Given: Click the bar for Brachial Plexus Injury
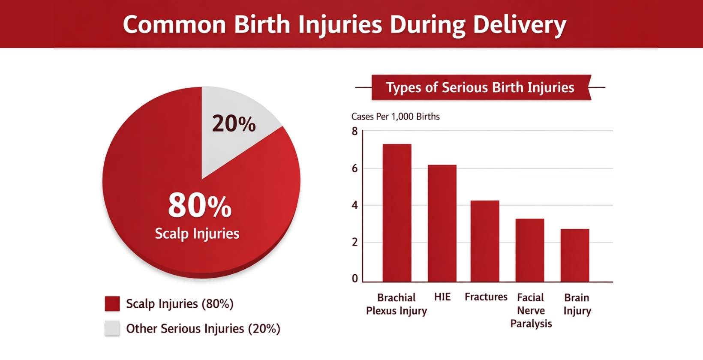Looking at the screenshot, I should (x=397, y=213).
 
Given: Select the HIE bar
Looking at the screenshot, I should (x=442, y=223).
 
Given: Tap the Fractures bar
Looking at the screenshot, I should (x=485, y=241).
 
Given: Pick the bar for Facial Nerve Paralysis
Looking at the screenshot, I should (x=530, y=250).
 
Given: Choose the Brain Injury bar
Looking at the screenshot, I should (x=575, y=255).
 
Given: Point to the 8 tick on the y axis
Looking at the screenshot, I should (x=355, y=132).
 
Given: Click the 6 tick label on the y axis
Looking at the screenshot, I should (x=355, y=168).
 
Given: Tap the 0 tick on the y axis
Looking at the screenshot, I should (x=355, y=279).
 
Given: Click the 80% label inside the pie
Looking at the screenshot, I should (x=200, y=206).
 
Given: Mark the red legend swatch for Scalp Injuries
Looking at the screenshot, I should (x=112, y=303).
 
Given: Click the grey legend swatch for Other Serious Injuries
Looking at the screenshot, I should (x=112, y=328).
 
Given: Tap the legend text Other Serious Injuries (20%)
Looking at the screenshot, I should (x=203, y=329).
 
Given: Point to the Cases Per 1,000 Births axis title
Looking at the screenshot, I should (x=395, y=117).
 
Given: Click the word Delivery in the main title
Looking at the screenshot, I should (x=520, y=25).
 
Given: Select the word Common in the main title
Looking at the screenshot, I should (x=174, y=25).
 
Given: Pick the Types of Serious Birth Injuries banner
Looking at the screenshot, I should (x=480, y=87).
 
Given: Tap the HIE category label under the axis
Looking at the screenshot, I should (x=442, y=297).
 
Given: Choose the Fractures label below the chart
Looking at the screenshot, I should (x=486, y=297).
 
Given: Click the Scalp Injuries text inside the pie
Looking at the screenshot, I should (x=197, y=234).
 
